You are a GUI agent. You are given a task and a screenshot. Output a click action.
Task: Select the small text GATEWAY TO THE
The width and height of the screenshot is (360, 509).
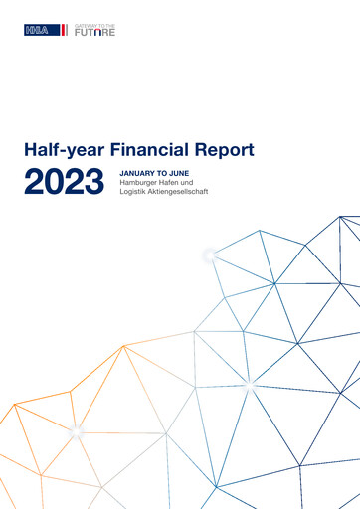(95, 25)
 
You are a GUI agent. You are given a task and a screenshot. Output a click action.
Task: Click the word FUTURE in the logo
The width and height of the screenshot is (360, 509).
(95, 33)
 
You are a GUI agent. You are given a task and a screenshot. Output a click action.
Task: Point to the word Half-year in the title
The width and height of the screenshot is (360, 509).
(69, 151)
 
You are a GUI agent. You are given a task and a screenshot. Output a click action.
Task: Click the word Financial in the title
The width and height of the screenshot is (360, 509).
(157, 151)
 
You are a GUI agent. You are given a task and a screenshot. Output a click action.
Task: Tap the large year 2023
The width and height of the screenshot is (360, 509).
(65, 183)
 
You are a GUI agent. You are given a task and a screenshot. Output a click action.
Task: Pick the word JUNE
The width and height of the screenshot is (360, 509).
(180, 174)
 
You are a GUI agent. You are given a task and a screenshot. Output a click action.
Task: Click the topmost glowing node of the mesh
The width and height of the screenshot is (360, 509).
(209, 255)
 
